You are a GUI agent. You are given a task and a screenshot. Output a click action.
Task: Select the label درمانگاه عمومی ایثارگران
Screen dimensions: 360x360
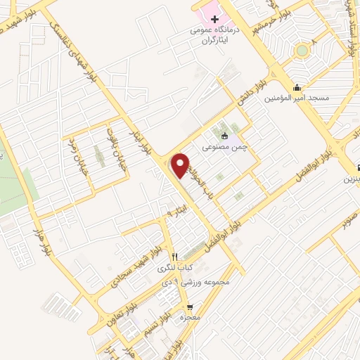point(215,36)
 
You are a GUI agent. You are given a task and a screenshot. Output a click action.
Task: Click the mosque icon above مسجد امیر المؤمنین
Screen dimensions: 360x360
point(297,88)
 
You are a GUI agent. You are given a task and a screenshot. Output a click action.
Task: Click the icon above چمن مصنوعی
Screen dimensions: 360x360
point(224,136)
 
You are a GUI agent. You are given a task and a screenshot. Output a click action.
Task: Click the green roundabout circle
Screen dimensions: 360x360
point(302,50)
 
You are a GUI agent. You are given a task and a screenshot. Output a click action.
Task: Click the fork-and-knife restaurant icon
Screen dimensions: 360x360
point(175,256)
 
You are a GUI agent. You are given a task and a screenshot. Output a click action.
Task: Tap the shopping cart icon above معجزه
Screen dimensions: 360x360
point(190,307)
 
